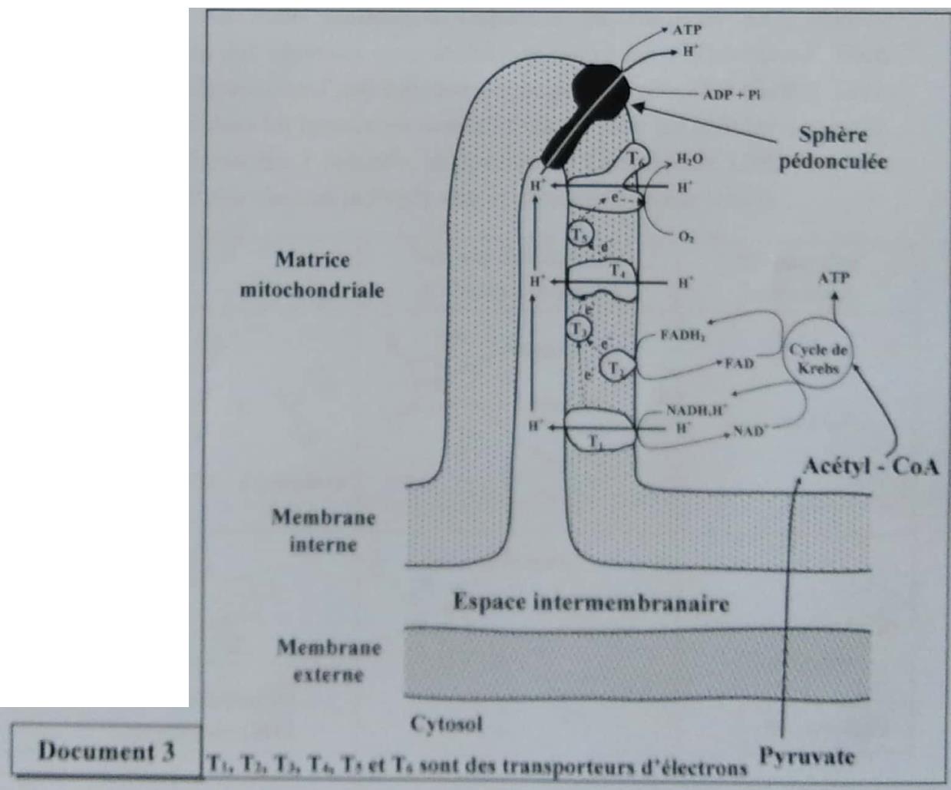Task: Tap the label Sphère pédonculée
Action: (x=833, y=148)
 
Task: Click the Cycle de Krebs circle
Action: (x=819, y=359)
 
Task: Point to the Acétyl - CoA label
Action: (x=870, y=466)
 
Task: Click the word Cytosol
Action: (x=446, y=723)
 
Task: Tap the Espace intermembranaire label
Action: (x=590, y=602)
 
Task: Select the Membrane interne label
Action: (x=323, y=531)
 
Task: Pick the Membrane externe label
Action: (x=329, y=661)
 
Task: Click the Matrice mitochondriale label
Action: (x=312, y=275)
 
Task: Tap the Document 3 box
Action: (x=107, y=751)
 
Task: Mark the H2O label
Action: (x=688, y=160)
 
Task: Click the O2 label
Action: (x=685, y=237)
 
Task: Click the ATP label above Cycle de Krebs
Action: (x=834, y=278)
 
